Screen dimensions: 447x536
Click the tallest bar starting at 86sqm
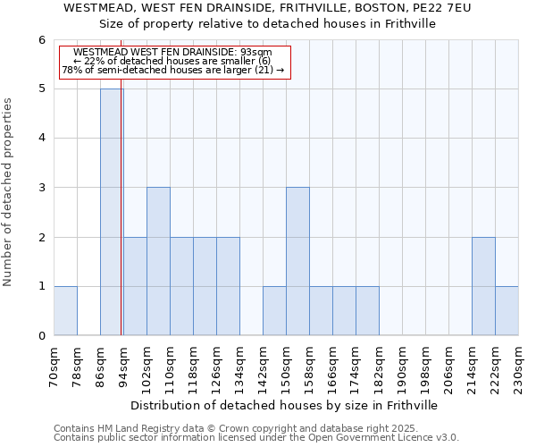pos(112,212)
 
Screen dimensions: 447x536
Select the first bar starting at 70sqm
pos(65,310)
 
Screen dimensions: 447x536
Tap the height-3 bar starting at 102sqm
pos(158,261)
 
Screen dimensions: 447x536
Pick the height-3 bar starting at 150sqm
pos(297,261)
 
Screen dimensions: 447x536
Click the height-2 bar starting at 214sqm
pos(483,286)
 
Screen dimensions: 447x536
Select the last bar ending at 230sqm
pos(507,310)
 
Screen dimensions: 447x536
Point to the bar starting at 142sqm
pos(274,310)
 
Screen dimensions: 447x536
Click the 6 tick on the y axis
pos(41,40)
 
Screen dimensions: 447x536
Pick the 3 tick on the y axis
pos(41,188)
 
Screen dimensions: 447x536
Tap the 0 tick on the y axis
pos(41,336)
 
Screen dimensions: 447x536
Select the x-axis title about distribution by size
pos(286,405)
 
